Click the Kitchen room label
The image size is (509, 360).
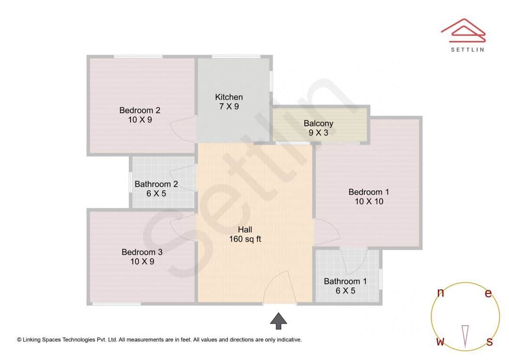[x=229, y=97]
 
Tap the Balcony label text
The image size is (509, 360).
[x=319, y=123]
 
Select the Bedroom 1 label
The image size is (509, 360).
[x=369, y=192]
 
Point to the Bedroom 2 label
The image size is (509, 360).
[x=140, y=110]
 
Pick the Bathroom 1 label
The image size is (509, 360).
[x=345, y=281]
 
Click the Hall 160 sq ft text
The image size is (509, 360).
[x=245, y=234]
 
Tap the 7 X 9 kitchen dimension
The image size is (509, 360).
[x=229, y=106]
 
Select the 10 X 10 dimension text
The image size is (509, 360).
[x=369, y=201]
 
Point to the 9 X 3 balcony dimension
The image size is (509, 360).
[x=319, y=133]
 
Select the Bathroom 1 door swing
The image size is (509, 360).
[x=355, y=261]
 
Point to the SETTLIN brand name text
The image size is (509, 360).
[x=467, y=49]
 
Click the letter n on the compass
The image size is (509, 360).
[x=441, y=293]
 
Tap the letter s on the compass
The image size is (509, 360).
[x=490, y=342]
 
